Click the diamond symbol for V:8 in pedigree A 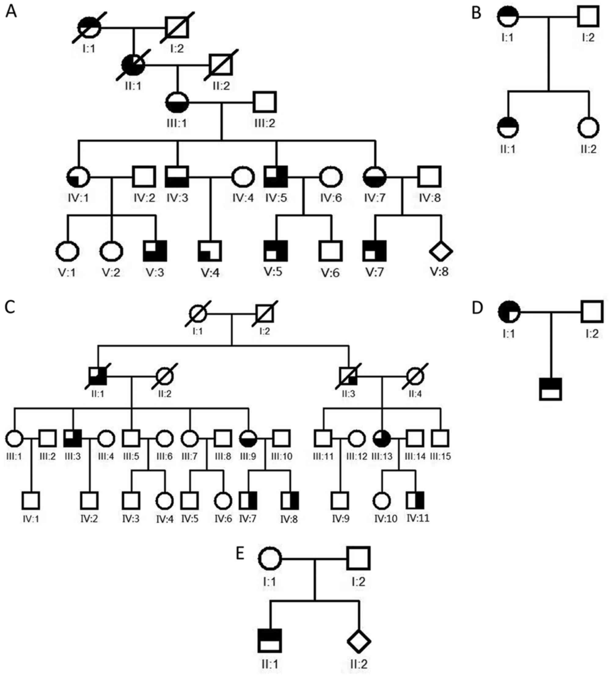(x=441, y=251)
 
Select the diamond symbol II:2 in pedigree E (x=359, y=641)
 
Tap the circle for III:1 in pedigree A (x=177, y=102)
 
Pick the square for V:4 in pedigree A (x=210, y=251)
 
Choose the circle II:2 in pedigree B (x=588, y=128)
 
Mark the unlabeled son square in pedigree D (x=551, y=389)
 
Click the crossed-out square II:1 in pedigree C (x=98, y=376)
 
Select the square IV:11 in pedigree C (x=415, y=500)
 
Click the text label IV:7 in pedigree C (x=248, y=519)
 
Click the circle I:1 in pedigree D (x=509, y=312)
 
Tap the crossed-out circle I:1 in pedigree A (x=89, y=27)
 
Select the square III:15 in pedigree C (x=441, y=438)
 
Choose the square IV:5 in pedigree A (x=276, y=177)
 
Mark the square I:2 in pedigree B (x=588, y=16)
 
